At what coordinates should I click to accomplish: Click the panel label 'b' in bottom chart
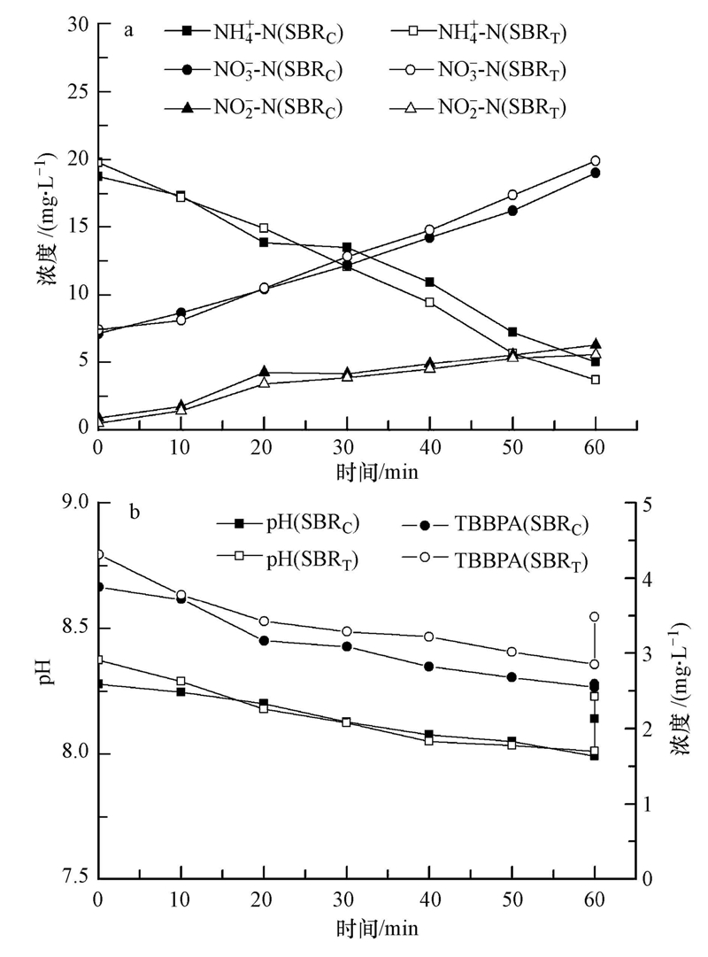(x=135, y=513)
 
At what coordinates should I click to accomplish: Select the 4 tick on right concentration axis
(x=649, y=578)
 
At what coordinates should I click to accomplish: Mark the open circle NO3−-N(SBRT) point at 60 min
(x=595, y=161)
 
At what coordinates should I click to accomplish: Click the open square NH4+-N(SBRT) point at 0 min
(x=98, y=163)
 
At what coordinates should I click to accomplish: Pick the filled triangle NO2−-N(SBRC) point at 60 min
(x=595, y=344)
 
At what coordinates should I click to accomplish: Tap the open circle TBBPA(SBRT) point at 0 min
(x=98, y=555)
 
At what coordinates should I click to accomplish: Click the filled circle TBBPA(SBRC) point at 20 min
(x=264, y=641)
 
